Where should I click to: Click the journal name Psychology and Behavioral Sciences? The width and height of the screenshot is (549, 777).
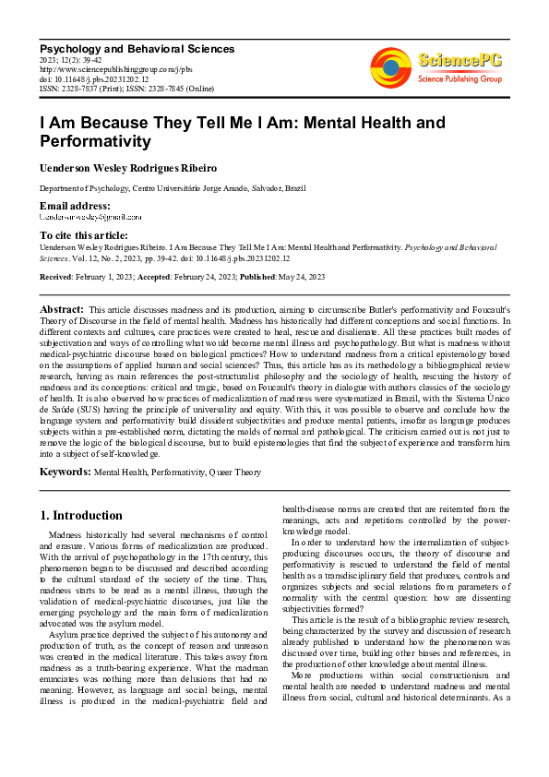click(137, 48)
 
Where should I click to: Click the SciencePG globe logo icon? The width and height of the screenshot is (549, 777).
click(390, 66)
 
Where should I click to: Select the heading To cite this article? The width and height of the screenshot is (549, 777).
click(84, 236)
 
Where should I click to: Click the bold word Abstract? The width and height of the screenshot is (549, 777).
click(62, 308)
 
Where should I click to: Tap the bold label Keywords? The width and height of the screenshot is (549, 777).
click(65, 472)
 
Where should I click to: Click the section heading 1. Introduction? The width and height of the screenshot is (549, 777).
click(82, 515)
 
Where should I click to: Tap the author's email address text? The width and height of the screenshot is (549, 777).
click(90, 217)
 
